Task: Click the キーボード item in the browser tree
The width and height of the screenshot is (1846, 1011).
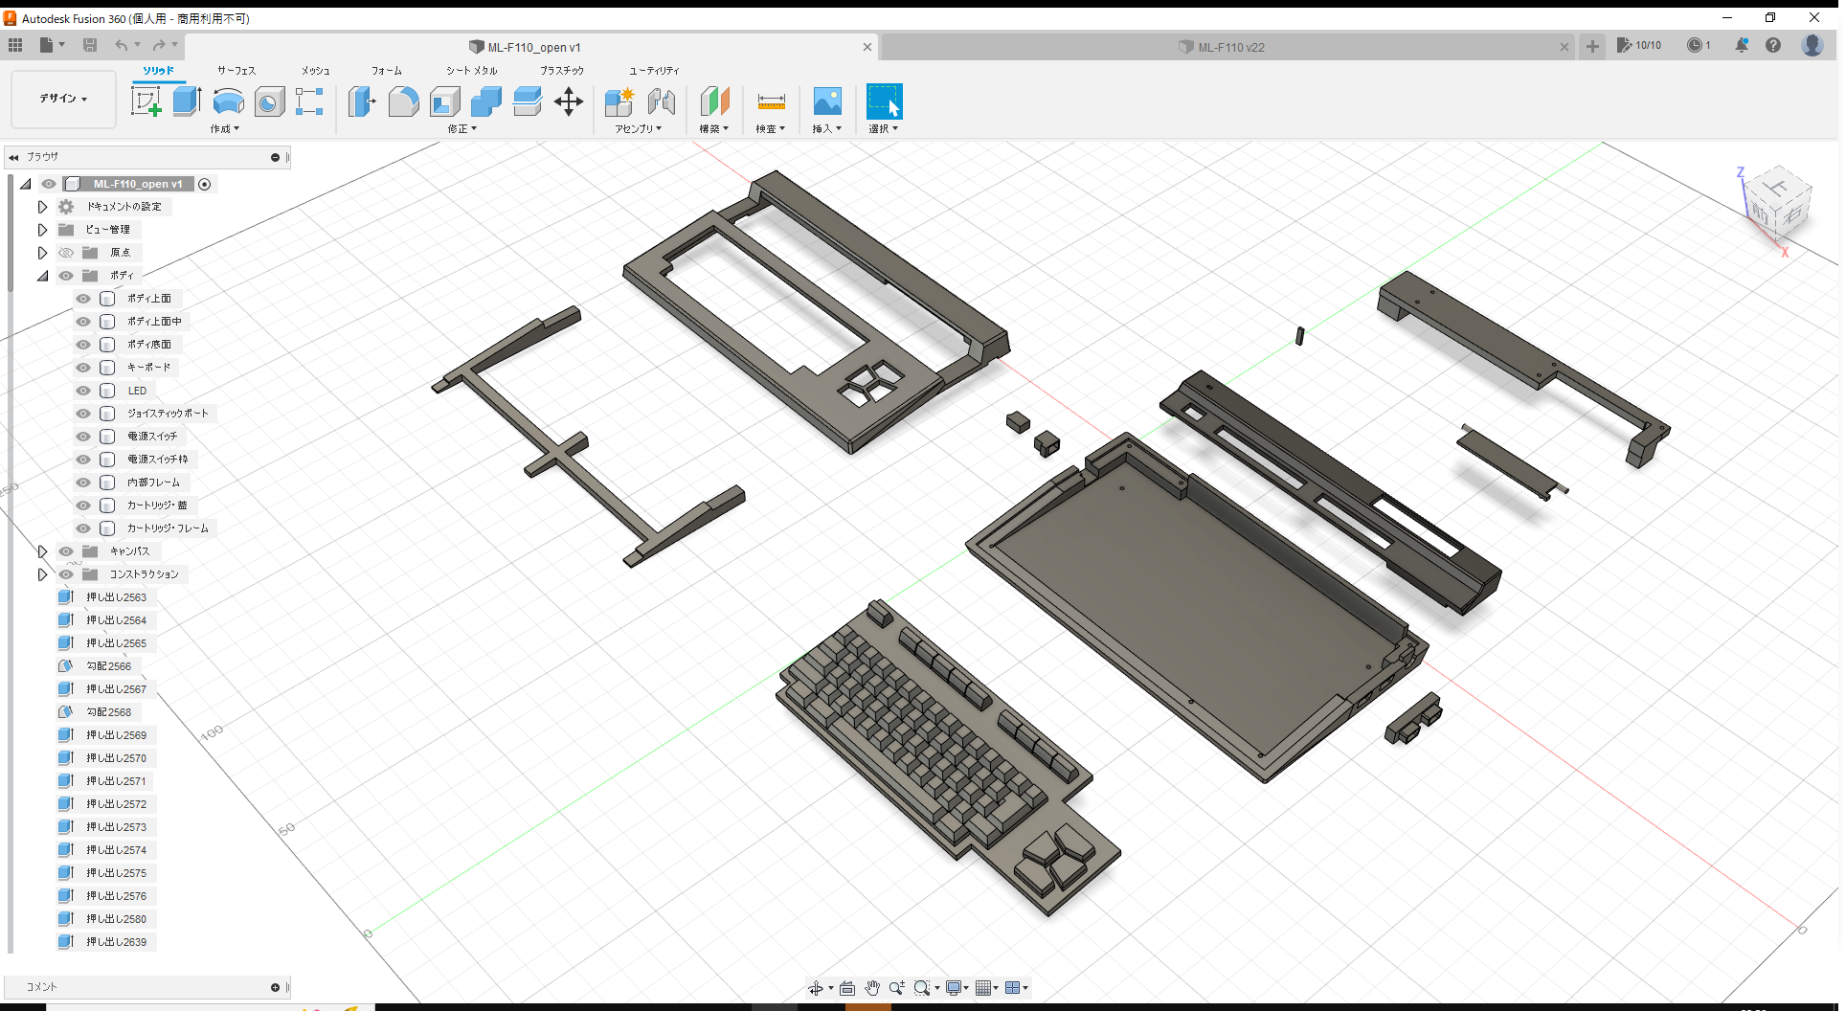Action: [148, 368]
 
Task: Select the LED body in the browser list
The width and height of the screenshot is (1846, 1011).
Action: [137, 391]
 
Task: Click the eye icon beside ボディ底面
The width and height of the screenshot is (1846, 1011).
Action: [83, 345]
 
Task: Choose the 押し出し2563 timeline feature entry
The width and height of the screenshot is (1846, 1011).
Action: [116, 597]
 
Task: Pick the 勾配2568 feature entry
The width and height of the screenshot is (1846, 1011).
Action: [108, 712]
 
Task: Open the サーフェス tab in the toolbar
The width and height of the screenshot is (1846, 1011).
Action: [236, 71]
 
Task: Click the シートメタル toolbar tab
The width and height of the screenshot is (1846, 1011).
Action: [471, 71]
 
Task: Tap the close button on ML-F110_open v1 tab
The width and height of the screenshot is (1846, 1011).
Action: [867, 47]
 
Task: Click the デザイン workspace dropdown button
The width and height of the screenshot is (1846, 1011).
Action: [63, 99]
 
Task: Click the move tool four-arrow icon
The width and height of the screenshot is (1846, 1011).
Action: [569, 101]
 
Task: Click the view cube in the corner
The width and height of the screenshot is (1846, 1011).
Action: [1777, 204]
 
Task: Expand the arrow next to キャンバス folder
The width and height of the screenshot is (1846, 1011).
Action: [42, 551]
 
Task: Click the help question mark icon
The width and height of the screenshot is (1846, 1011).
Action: [1773, 45]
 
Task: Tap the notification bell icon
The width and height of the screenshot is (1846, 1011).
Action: [1742, 45]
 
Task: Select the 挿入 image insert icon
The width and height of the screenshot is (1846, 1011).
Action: [826, 101]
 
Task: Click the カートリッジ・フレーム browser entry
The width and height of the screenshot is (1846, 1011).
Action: [168, 528]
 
